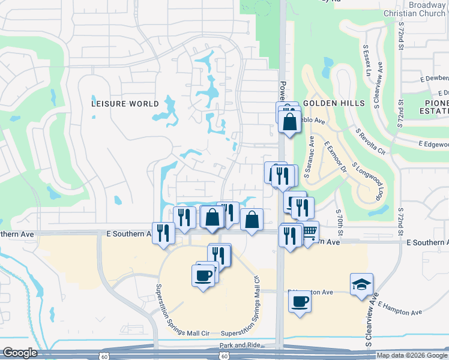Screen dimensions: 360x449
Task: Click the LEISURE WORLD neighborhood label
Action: point(125,103)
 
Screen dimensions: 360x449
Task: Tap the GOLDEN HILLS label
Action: point(334,103)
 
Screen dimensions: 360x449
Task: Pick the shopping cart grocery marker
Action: point(309,231)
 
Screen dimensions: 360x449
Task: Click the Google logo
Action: point(20,353)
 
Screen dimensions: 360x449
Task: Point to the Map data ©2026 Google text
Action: point(412,355)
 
